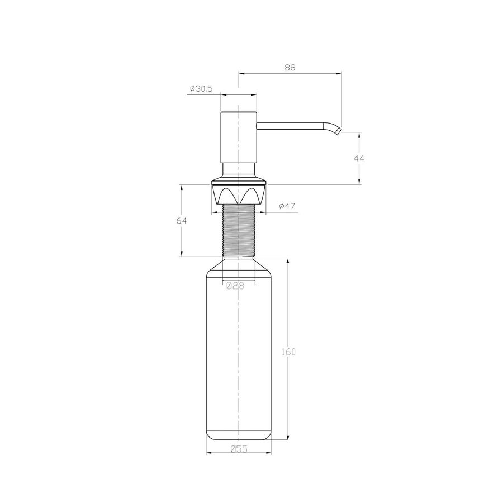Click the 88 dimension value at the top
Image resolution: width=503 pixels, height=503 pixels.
pyautogui.click(x=290, y=67)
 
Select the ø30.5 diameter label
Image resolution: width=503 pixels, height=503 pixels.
pyautogui.click(x=201, y=89)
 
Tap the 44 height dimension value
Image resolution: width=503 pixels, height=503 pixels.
pyautogui.click(x=359, y=158)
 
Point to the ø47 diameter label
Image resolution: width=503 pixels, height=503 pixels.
pyautogui.click(x=286, y=206)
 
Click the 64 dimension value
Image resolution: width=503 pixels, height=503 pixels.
pyautogui.click(x=181, y=221)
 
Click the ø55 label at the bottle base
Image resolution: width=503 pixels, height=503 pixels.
pyautogui.click(x=239, y=449)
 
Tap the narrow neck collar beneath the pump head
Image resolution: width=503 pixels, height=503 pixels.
pyautogui.click(x=239, y=169)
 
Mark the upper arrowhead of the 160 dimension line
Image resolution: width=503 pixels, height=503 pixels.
pyautogui.click(x=288, y=261)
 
